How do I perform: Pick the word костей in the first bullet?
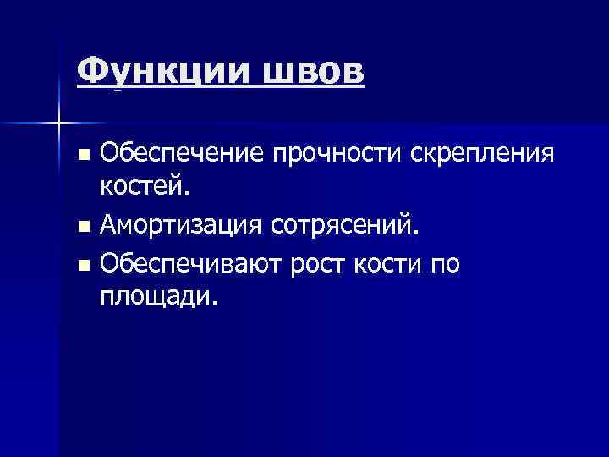tap(139, 190)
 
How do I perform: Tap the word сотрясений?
tap(343, 227)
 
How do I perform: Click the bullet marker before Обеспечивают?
tap(82, 265)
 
